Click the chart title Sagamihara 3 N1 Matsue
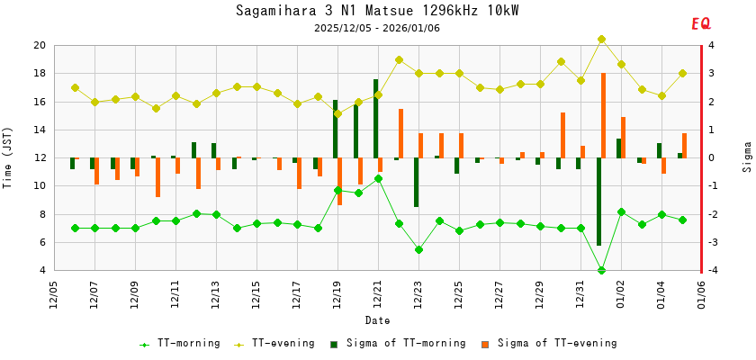tap(377, 11)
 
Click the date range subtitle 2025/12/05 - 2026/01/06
tap(377, 28)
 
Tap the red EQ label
tap(700, 24)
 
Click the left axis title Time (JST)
tap(8, 157)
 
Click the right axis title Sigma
tap(747, 157)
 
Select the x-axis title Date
tap(377, 320)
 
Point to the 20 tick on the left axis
tap(40, 45)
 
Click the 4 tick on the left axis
tap(43, 270)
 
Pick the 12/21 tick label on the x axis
tap(378, 294)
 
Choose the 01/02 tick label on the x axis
tap(621, 294)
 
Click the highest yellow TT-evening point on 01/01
tap(601, 40)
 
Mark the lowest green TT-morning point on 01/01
tap(601, 270)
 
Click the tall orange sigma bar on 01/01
tap(603, 115)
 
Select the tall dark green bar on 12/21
tap(376, 118)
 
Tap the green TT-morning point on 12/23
tap(418, 249)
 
